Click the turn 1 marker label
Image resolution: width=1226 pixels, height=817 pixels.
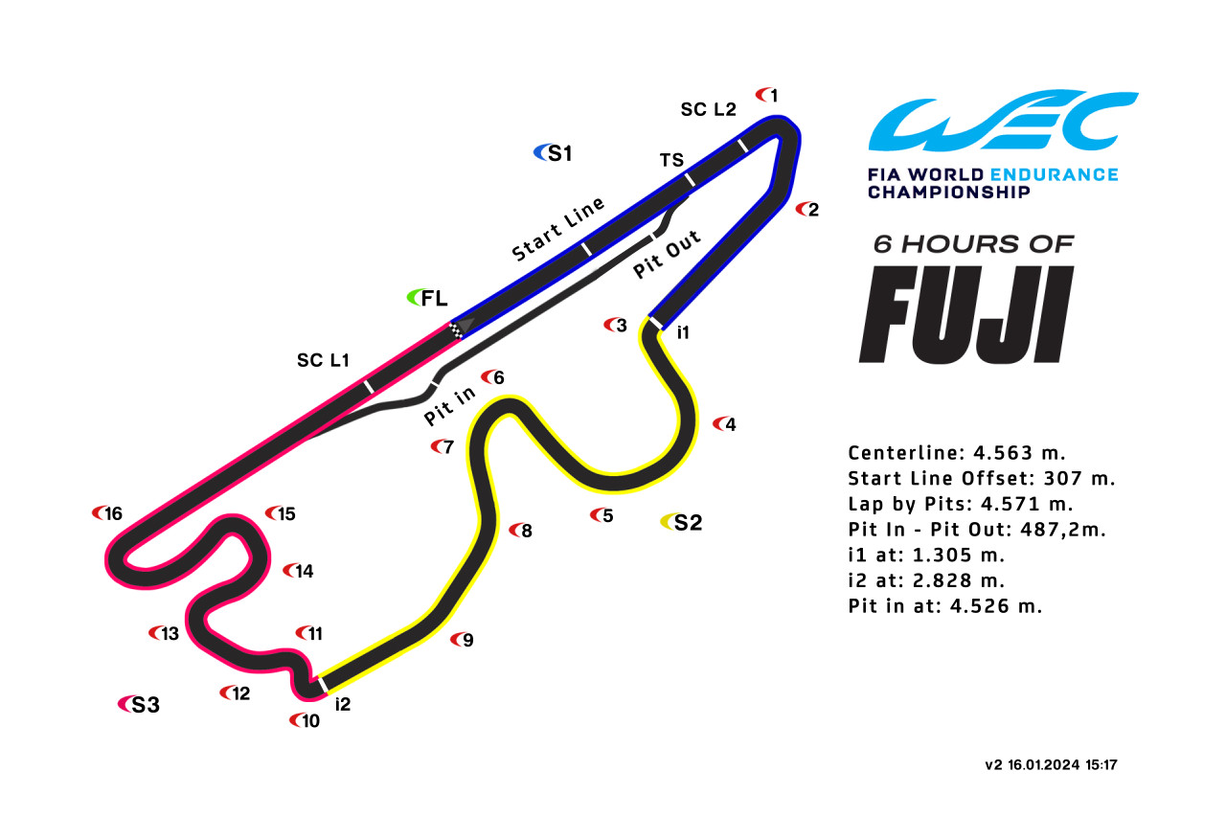tap(767, 95)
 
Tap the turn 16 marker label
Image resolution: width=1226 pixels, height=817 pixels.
tap(107, 513)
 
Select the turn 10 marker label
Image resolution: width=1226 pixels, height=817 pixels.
tap(305, 720)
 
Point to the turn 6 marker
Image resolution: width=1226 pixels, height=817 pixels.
tap(492, 377)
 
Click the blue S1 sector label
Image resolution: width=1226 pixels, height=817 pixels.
tap(553, 153)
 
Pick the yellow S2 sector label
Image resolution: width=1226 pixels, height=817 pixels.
tap(681, 522)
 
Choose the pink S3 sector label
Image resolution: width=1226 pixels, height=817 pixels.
tap(139, 704)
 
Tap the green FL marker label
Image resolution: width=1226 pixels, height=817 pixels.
tap(427, 298)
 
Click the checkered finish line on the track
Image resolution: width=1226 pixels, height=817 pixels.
tap(456, 331)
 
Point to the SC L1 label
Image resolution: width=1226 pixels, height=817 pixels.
tap(323, 360)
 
